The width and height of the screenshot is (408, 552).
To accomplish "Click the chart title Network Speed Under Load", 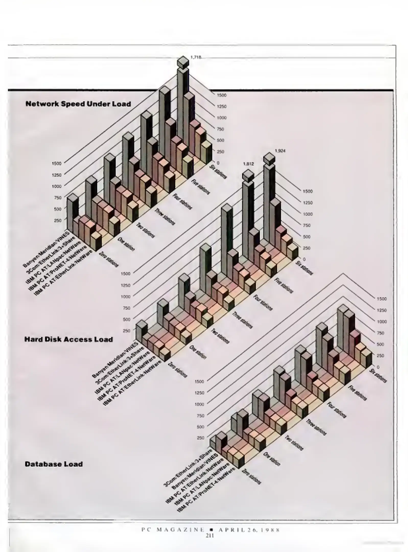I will coord(78,104).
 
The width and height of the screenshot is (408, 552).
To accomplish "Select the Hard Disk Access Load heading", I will coord(68,339).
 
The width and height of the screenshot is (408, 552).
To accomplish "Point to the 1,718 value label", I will coord(196,57).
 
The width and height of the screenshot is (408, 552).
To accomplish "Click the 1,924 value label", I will coord(280,151).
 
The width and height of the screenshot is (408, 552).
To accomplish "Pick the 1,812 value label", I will coord(248,164).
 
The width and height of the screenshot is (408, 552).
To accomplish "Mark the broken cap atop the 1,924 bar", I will coord(269,158).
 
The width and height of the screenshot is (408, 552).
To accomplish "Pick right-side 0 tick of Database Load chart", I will coord(378,367).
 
